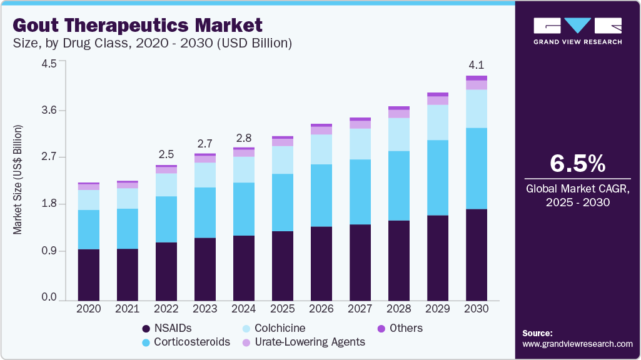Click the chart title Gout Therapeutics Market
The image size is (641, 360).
(x=136, y=26)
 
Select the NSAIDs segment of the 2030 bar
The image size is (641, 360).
(x=476, y=254)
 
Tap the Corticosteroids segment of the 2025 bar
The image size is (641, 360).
(x=282, y=202)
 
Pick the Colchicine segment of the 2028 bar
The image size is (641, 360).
(x=398, y=134)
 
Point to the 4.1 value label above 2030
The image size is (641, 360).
(x=477, y=65)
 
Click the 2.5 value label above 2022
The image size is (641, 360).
(x=166, y=154)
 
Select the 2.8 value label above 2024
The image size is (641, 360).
(x=243, y=137)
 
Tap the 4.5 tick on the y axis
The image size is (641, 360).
(x=49, y=64)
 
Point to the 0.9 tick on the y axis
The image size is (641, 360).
(x=49, y=251)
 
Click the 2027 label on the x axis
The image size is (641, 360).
(x=360, y=309)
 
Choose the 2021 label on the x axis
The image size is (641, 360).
(x=127, y=309)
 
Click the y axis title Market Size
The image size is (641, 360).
(x=18, y=180)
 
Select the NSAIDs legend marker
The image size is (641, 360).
(x=146, y=329)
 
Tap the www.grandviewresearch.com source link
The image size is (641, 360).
(x=577, y=344)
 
